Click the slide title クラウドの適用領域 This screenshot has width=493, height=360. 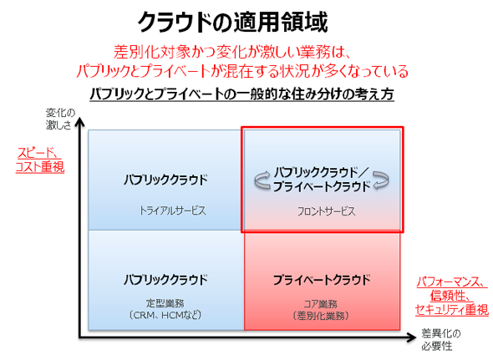click(x=232, y=22)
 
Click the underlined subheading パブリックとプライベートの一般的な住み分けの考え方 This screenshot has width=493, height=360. click(x=241, y=94)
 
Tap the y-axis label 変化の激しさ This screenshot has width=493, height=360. click(x=61, y=119)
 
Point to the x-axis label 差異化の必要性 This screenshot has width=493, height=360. click(x=441, y=340)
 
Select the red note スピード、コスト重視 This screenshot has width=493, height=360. click(x=40, y=160)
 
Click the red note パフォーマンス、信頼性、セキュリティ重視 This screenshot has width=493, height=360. click(x=452, y=296)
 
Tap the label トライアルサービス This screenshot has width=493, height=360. click(x=173, y=210)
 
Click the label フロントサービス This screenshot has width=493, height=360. click(x=327, y=211)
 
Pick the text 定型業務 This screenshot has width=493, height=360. click(x=165, y=303)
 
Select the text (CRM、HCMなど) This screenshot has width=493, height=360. click(x=165, y=315)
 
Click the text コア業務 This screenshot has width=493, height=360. click(x=320, y=304)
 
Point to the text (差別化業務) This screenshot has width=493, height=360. click(x=320, y=316)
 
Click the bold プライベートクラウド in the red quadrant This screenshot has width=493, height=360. click(x=322, y=280)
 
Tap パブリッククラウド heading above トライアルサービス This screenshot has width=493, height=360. click(x=165, y=180)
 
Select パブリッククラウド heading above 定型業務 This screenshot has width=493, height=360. click(x=165, y=280)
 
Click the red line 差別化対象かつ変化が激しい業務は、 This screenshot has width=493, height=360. click(x=232, y=52)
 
